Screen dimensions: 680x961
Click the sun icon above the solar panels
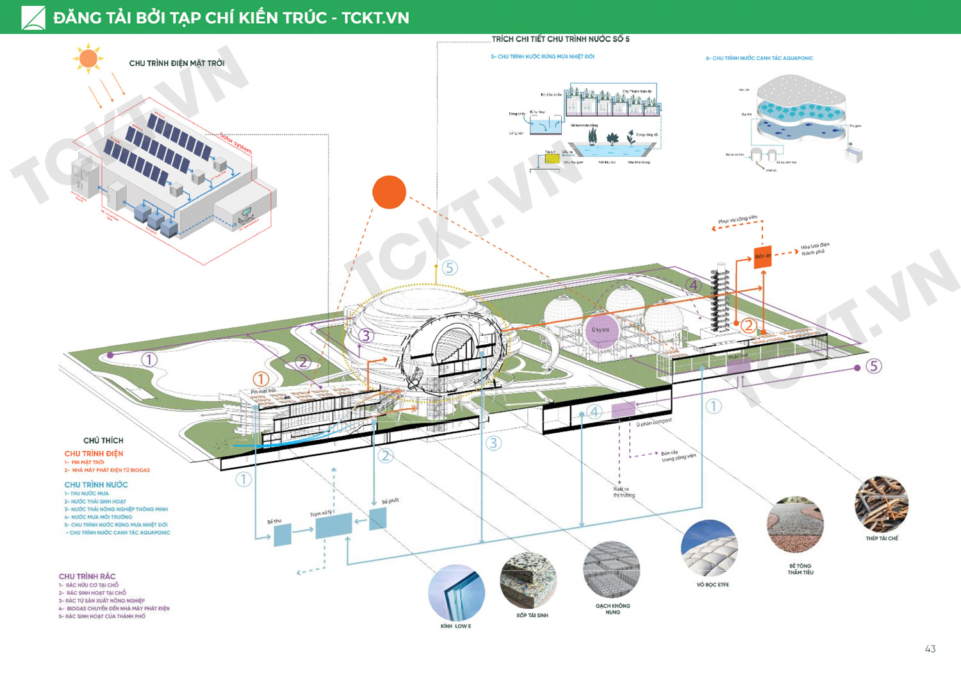pyautogui.click(x=88, y=59)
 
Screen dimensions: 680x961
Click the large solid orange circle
pyautogui.click(x=389, y=192)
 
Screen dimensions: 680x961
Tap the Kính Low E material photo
pyautogui.click(x=456, y=592)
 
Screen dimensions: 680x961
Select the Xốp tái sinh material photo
pyautogui.click(x=528, y=581)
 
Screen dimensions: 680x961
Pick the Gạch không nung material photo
pyautogui.click(x=612, y=570)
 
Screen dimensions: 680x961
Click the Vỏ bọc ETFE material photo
pyautogui.click(x=709, y=549)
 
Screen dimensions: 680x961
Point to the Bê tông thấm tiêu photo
pyautogui.click(x=795, y=526)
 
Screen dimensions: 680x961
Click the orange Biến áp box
pyautogui.click(x=762, y=256)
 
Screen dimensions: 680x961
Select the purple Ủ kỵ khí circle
pyautogui.click(x=601, y=330)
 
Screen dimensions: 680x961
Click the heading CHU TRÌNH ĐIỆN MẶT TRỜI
pyautogui.click(x=177, y=63)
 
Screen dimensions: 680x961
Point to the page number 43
pyautogui.click(x=930, y=649)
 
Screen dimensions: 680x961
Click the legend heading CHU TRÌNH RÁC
pyautogui.click(x=87, y=576)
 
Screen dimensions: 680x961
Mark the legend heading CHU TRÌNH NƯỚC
pyautogui.click(x=96, y=485)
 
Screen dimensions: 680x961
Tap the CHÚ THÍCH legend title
pyautogui.click(x=103, y=440)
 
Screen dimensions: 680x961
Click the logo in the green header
pyautogui.click(x=33, y=17)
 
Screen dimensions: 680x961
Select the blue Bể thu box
pyautogui.click(x=283, y=535)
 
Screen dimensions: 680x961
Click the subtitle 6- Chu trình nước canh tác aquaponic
pyautogui.click(x=759, y=58)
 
